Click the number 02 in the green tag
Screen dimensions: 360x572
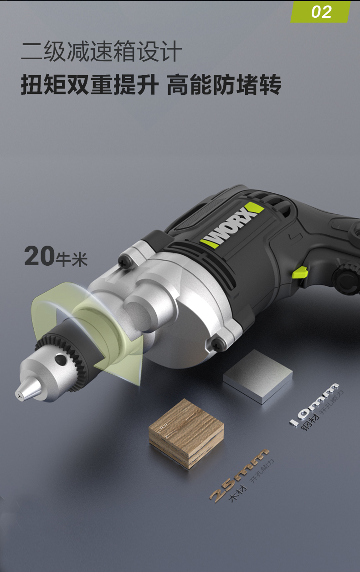[321, 12]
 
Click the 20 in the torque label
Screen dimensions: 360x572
[39, 256]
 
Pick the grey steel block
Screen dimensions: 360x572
[258, 376]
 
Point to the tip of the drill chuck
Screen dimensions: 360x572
[17, 394]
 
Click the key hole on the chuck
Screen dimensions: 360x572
[61, 360]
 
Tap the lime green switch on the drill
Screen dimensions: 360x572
[299, 272]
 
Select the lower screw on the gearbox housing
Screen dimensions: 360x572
[217, 344]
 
